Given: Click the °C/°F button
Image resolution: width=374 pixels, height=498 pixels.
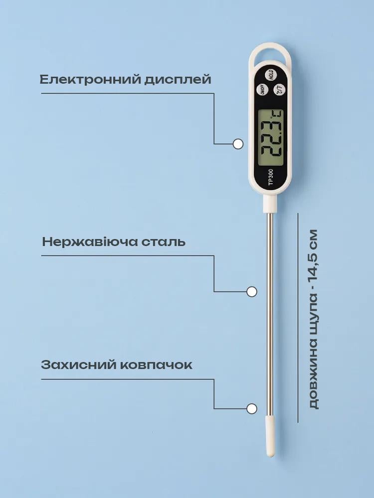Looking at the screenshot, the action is [x=278, y=90].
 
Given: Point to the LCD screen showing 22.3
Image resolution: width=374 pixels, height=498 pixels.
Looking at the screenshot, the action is [x=270, y=137].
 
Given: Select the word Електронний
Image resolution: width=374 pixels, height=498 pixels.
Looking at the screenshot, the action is [x=90, y=79].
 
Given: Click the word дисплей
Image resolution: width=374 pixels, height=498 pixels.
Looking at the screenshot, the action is [x=178, y=80].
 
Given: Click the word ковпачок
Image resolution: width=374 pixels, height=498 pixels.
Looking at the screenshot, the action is [x=156, y=365].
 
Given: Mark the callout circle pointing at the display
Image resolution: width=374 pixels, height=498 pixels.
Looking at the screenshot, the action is [x=238, y=144].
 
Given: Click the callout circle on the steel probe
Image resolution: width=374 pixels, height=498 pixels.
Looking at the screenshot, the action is [x=252, y=291].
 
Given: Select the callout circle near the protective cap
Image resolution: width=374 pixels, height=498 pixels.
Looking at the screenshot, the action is [x=252, y=408].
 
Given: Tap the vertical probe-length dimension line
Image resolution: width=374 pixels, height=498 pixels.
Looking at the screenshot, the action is [x=298, y=318].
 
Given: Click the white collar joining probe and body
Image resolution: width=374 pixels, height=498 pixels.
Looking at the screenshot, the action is [x=270, y=204].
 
